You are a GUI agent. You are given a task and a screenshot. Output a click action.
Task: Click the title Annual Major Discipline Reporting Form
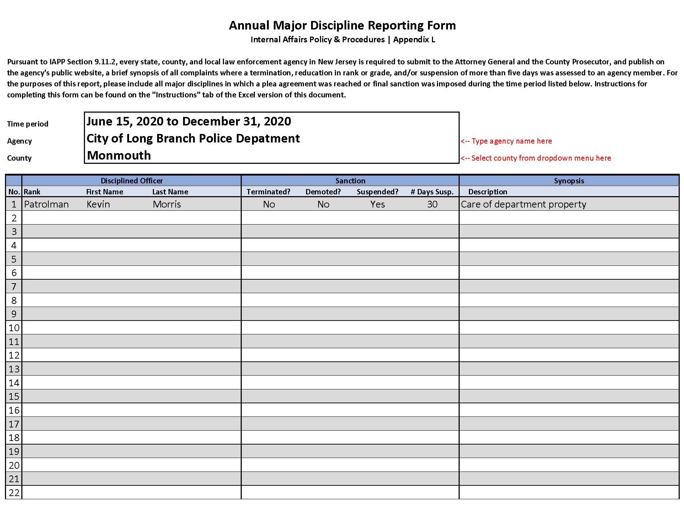(342, 25)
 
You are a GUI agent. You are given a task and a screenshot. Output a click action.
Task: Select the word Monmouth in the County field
(119, 155)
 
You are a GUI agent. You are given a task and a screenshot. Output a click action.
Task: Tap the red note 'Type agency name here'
(506, 141)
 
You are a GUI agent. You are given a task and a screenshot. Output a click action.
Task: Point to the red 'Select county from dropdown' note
(536, 158)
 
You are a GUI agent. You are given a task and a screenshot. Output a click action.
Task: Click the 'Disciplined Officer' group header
(132, 181)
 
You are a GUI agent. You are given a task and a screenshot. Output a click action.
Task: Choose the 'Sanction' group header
(350, 181)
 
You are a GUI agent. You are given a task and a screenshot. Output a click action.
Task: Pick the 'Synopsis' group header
(569, 181)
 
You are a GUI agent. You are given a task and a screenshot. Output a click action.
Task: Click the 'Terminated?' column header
(268, 192)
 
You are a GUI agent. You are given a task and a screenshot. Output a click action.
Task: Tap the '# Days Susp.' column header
(432, 192)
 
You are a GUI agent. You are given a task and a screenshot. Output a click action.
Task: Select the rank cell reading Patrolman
(46, 204)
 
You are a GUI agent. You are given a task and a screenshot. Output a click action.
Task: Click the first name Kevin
(98, 204)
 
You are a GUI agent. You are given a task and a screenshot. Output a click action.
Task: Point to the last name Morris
(167, 204)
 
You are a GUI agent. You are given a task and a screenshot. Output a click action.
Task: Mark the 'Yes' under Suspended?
(377, 204)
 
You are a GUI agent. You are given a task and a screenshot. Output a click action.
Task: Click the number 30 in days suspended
(432, 204)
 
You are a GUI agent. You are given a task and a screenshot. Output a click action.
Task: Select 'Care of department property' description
(523, 204)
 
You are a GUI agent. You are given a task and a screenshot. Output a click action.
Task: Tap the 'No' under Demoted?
(323, 204)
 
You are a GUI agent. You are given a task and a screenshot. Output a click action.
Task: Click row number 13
(14, 369)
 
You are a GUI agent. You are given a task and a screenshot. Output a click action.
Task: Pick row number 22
(14, 492)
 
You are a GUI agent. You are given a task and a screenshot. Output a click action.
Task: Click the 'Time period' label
(27, 124)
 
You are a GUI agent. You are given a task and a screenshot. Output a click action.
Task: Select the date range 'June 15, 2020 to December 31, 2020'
(188, 122)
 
